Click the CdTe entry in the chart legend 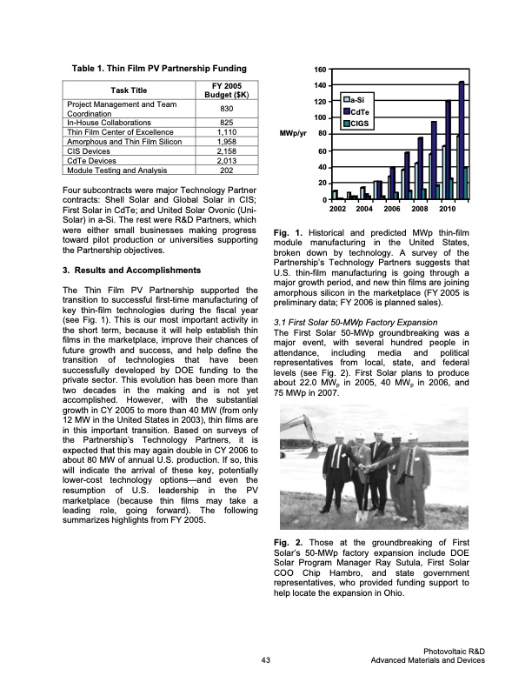click(x=362, y=112)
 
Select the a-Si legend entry click(x=360, y=101)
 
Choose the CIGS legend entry click(x=362, y=124)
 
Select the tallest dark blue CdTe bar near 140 click(x=462, y=139)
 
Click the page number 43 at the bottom click(x=265, y=661)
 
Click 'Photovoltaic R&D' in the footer click(x=454, y=651)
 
